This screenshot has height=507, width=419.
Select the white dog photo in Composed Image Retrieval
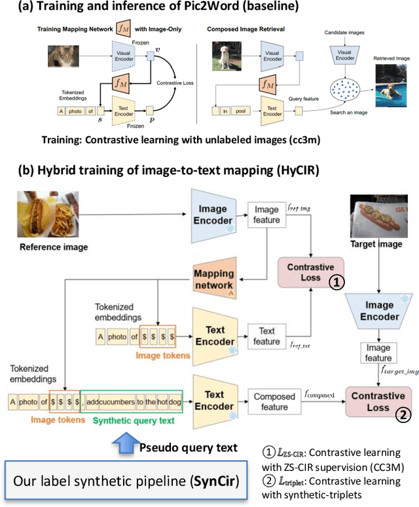click(x=225, y=56)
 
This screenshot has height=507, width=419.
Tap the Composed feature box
click(x=274, y=401)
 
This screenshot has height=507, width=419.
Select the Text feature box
click(x=266, y=336)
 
